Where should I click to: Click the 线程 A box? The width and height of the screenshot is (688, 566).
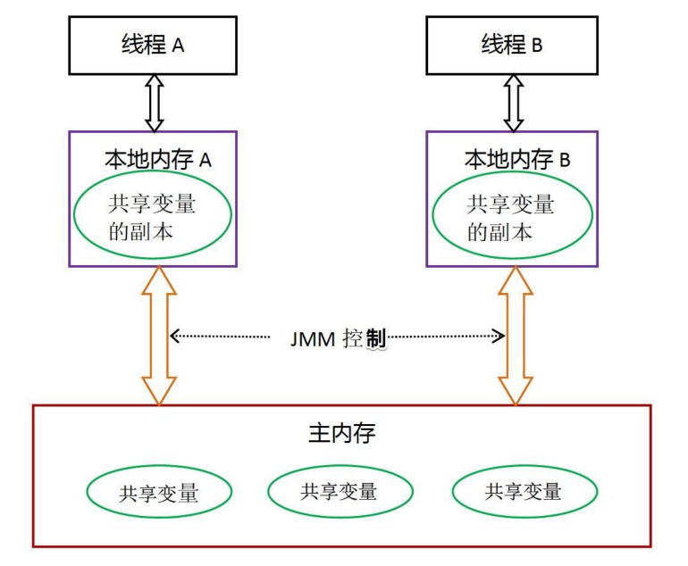(153, 45)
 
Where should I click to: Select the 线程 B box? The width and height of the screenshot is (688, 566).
(511, 45)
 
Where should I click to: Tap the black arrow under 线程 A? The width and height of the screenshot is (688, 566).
(154, 103)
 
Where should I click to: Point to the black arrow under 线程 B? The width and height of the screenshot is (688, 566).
(513, 103)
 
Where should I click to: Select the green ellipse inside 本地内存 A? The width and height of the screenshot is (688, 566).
(153, 215)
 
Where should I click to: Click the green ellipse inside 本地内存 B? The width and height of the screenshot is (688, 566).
(511, 215)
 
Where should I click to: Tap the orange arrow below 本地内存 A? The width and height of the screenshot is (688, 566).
(159, 336)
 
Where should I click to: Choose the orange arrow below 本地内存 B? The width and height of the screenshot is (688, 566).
(516, 336)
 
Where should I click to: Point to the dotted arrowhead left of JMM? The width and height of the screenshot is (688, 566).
(176, 337)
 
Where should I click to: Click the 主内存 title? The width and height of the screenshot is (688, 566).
(341, 435)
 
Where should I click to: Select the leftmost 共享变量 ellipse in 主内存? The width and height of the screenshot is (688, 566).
(159, 492)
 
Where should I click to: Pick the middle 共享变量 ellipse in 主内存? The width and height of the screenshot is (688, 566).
(340, 490)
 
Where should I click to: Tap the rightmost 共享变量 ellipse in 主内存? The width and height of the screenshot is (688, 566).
(524, 491)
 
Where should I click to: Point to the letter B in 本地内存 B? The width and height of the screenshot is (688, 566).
(564, 162)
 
